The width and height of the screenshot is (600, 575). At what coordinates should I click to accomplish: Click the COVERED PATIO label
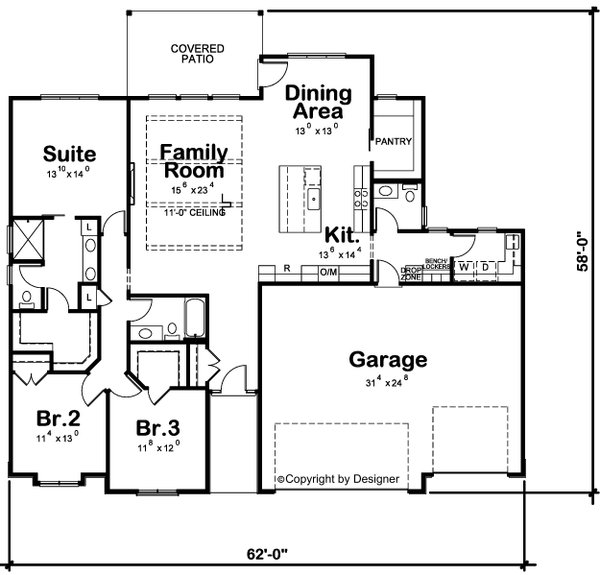197,54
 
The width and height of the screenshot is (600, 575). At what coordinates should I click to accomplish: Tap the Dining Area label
318,102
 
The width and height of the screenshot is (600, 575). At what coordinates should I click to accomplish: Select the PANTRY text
393,142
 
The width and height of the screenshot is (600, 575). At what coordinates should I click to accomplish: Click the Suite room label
69,154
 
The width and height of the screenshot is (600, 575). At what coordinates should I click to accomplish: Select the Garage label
387,359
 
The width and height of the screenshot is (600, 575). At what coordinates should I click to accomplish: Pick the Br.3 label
157,427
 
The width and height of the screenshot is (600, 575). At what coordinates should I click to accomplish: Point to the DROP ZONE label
411,273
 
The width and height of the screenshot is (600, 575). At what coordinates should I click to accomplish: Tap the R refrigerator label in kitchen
287,270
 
